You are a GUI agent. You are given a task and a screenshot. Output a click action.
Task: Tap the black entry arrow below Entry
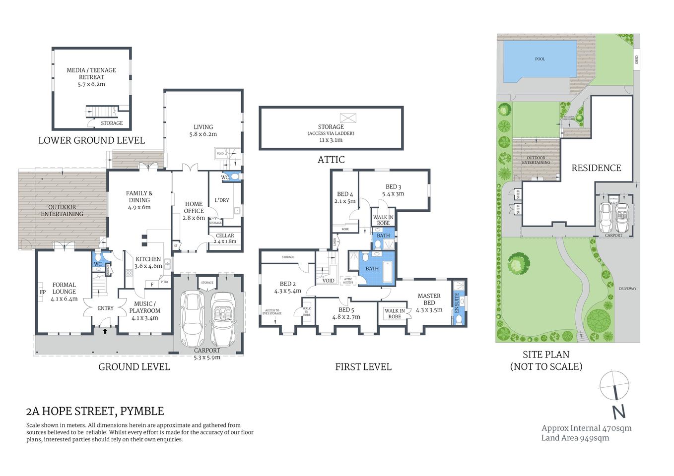click(105, 331)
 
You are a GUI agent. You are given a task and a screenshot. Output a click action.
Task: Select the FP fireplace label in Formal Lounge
click(43, 293)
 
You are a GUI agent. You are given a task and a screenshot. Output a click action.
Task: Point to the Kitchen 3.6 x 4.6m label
click(148, 262)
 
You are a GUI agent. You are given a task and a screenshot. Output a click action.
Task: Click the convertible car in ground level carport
click(223, 319)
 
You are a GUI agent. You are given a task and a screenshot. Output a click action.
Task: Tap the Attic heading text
click(331, 160)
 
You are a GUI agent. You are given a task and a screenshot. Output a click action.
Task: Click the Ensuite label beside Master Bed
click(457, 302)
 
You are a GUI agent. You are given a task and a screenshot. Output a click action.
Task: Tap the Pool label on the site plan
click(540, 59)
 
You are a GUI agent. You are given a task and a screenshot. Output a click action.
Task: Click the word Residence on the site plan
click(596, 168)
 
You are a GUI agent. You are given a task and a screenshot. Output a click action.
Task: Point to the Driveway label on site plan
click(627, 289)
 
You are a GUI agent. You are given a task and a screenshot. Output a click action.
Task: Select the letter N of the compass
click(618, 412)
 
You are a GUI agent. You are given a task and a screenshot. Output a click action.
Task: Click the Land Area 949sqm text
click(575, 438)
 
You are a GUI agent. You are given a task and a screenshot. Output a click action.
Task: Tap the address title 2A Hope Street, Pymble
click(95, 411)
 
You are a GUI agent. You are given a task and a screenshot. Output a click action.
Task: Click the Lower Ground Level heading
click(91, 140)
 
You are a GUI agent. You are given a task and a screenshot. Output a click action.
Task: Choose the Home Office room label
click(194, 207)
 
